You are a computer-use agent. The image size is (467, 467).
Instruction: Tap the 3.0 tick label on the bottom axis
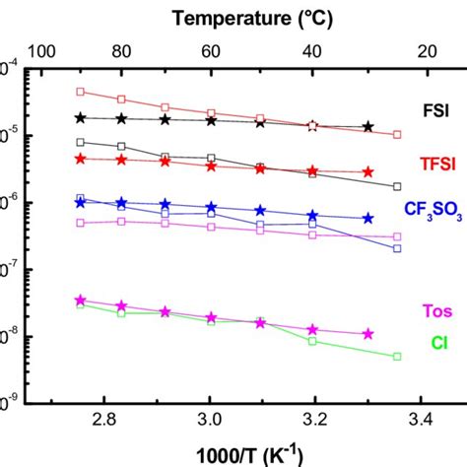[x=209, y=423]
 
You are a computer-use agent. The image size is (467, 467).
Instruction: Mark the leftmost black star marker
[x=81, y=118]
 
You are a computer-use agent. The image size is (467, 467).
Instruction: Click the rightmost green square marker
[x=397, y=356]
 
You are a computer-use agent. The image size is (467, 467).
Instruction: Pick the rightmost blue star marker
[x=368, y=218]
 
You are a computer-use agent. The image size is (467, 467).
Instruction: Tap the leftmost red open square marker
[x=81, y=92]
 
